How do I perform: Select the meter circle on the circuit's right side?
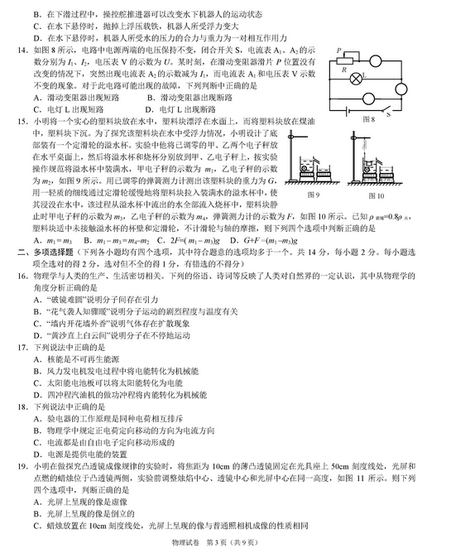tap(401, 89)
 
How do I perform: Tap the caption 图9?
tap(313, 195)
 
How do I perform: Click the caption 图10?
tap(376, 195)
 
